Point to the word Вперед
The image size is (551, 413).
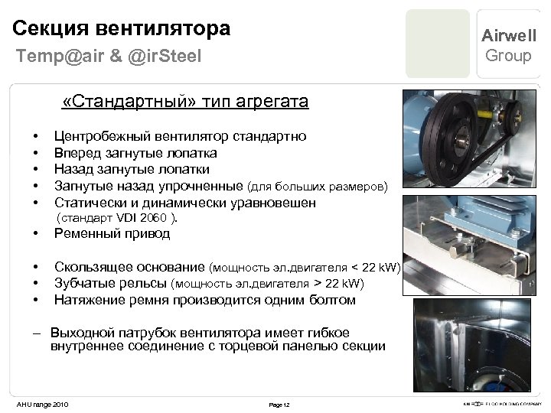(75, 153)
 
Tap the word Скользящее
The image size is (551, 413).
(92, 267)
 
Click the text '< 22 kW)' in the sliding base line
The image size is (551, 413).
(376, 268)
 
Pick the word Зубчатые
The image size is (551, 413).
(83, 284)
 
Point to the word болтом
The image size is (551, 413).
(332, 300)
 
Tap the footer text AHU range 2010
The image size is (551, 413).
(42, 403)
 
